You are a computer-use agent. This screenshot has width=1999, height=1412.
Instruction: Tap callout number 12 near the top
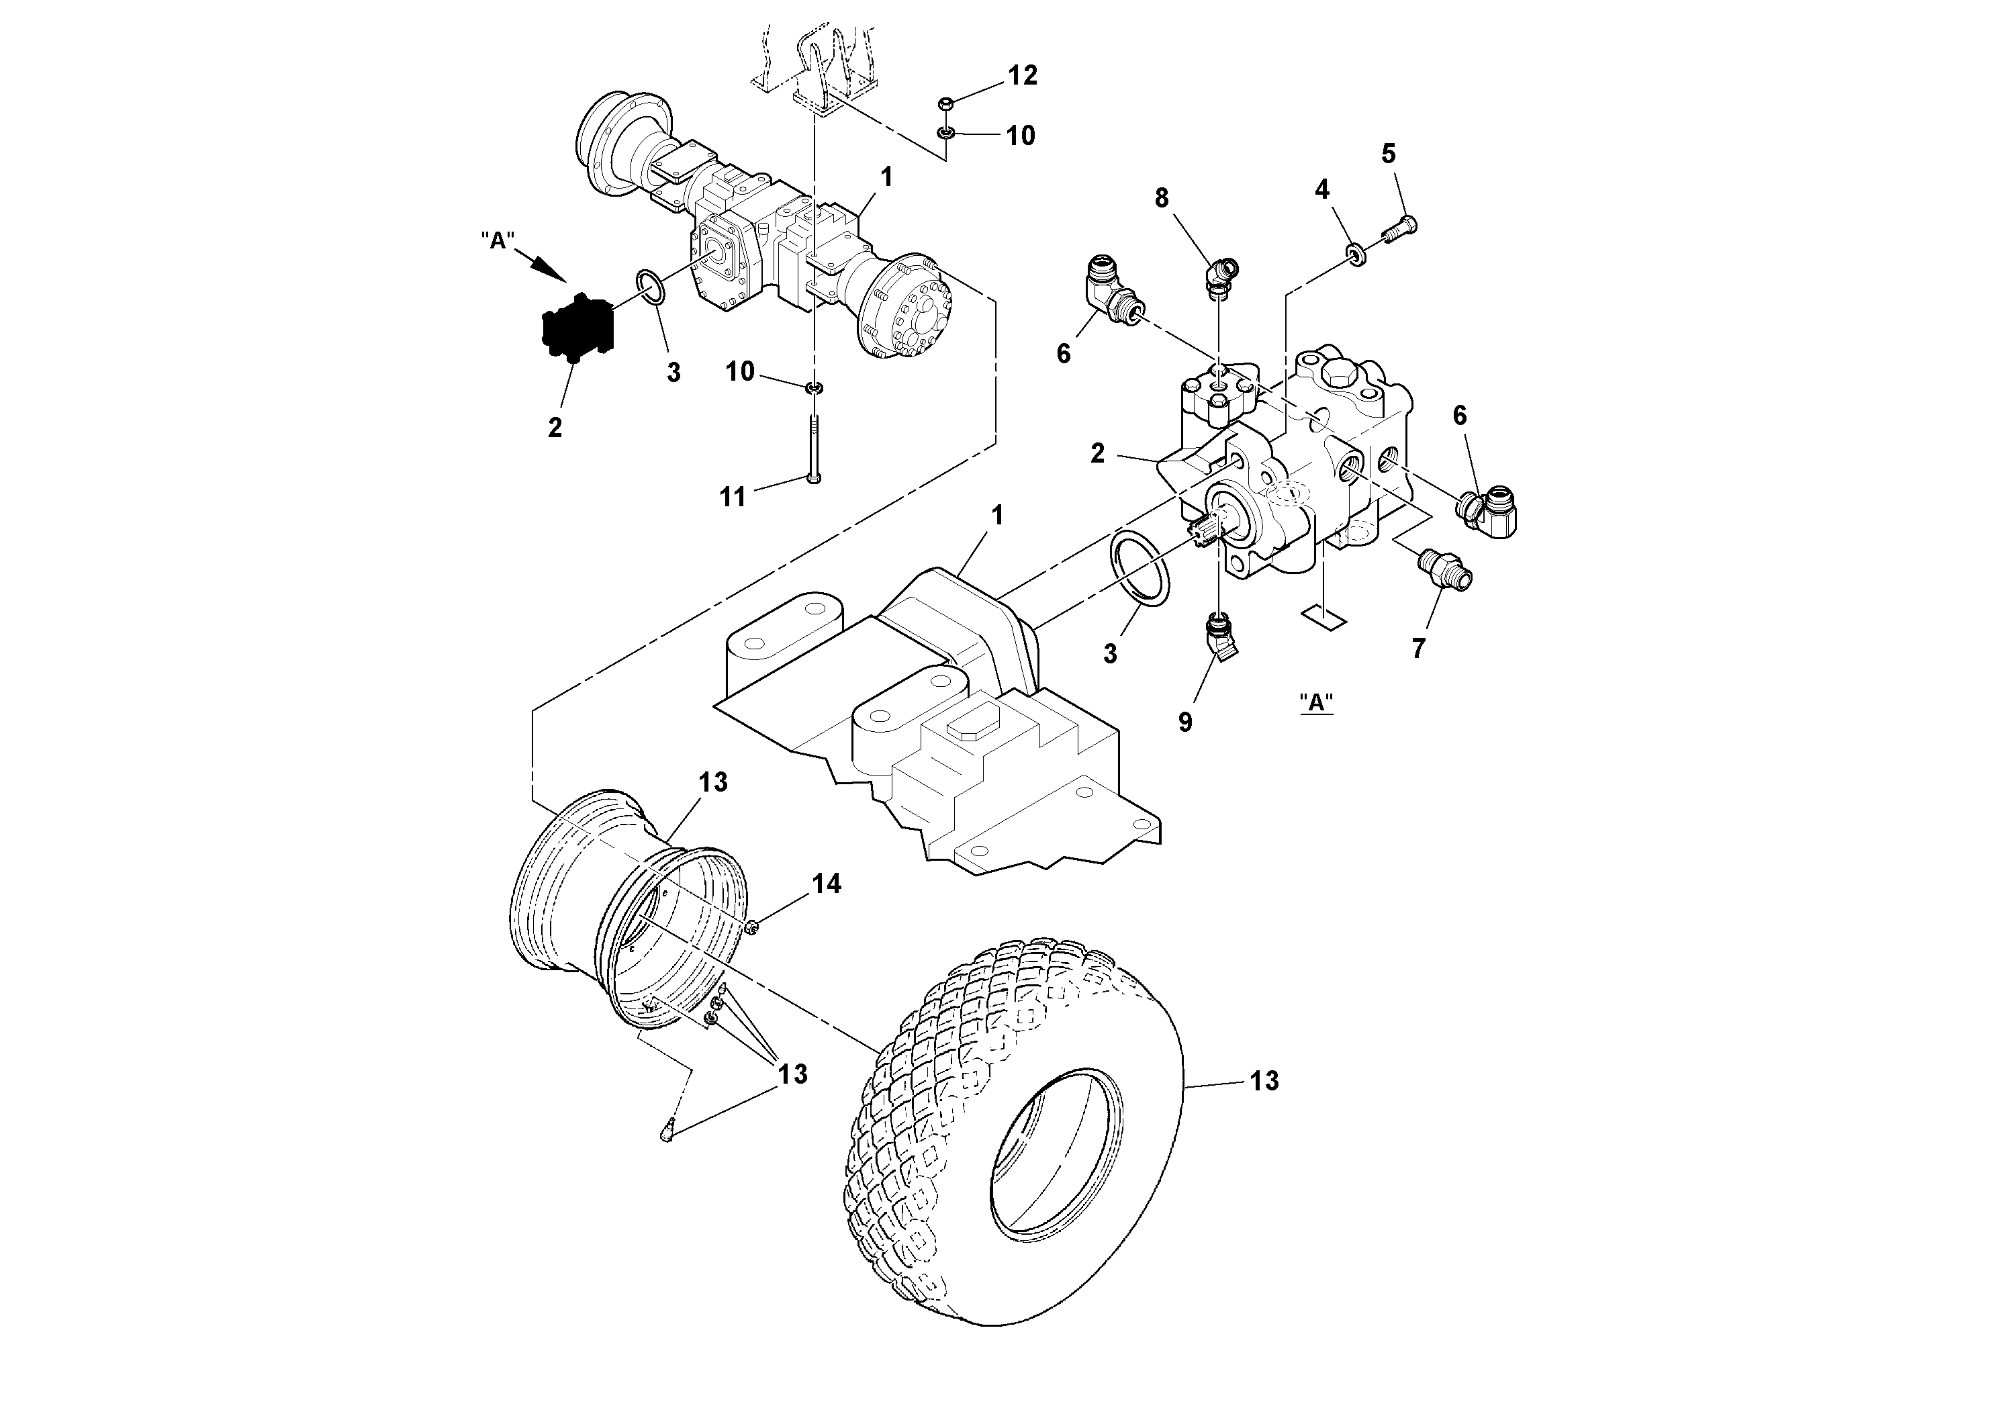click(1023, 76)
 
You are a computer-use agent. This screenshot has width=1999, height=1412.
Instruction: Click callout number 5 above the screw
click(1388, 153)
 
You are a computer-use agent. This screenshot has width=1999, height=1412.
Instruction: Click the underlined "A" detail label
click(1316, 702)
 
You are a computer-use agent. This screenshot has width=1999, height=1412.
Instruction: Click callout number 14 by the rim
click(826, 884)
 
